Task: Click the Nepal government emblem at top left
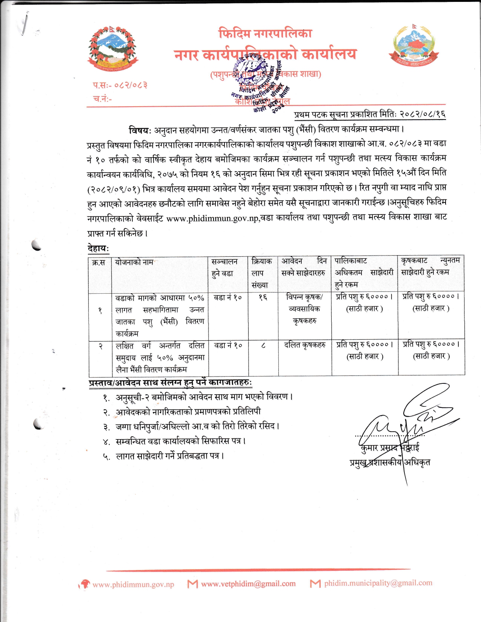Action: point(112,49)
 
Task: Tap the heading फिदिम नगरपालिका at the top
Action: point(265,34)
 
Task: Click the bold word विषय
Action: point(140,130)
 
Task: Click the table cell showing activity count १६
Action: point(263,297)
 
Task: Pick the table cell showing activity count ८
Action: point(263,345)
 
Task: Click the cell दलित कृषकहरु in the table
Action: point(304,345)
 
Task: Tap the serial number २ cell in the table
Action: point(100,346)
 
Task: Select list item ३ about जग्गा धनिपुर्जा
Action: point(196,426)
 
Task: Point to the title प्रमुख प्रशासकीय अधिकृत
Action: point(390,463)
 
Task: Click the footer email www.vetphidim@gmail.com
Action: point(248,584)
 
